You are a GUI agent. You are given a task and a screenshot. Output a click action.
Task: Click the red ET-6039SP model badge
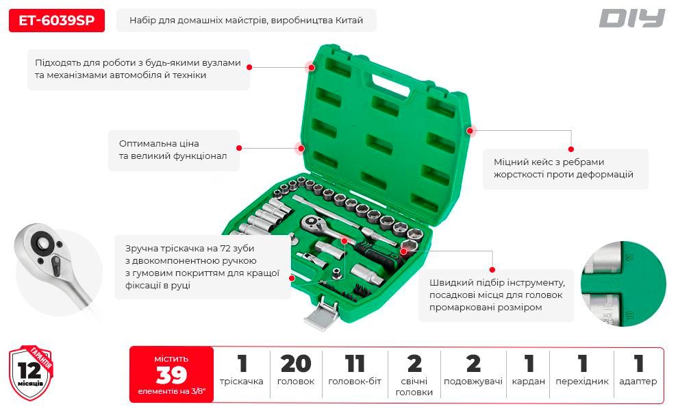tap(57, 21)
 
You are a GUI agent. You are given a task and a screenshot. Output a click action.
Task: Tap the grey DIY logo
tap(631, 18)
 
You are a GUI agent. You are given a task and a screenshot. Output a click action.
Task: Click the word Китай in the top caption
tap(349, 21)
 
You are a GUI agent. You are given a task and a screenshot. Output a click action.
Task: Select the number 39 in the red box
tap(171, 375)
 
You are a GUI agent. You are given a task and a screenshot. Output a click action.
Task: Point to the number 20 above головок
tap(296, 364)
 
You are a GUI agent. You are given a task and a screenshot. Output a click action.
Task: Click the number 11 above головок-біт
tap(355, 364)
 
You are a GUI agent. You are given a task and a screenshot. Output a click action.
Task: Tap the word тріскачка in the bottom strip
tap(241, 382)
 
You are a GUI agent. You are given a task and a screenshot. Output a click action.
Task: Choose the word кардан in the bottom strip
tap(529, 382)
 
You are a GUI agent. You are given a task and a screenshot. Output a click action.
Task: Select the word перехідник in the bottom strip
tap(582, 382)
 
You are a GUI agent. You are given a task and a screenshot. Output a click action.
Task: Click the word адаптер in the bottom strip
tap(638, 382)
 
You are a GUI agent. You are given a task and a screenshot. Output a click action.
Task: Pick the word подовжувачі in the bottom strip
tap(473, 382)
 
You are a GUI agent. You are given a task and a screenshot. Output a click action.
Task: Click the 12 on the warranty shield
tap(29, 371)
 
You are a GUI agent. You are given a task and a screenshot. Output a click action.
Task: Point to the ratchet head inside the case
tap(310, 223)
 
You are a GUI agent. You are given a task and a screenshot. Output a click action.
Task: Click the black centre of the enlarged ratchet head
tap(43, 242)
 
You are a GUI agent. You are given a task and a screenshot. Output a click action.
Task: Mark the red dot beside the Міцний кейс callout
tap(570, 149)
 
